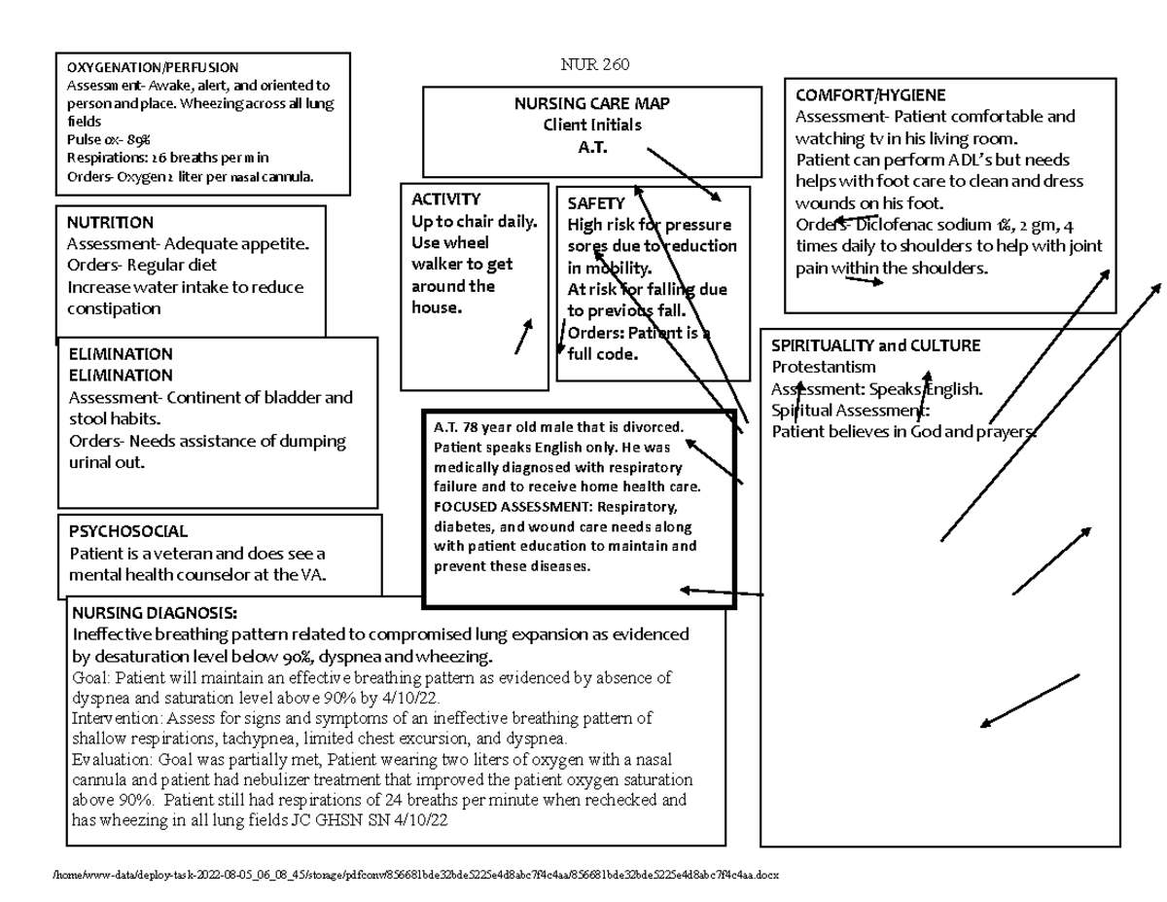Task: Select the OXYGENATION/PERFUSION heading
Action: [x=152, y=68]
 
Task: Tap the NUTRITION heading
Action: [x=110, y=222]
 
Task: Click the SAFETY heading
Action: [x=595, y=203]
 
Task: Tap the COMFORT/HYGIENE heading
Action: [x=869, y=95]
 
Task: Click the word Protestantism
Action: [x=824, y=367]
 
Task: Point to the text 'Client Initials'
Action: [x=591, y=125]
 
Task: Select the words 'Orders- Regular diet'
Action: [x=142, y=265]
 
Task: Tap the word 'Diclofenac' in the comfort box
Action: [x=893, y=225]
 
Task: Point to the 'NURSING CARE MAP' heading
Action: [x=591, y=104]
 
